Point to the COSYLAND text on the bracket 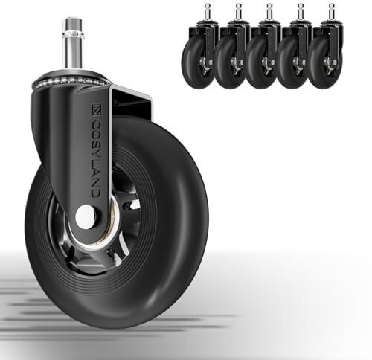tap(96, 158)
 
